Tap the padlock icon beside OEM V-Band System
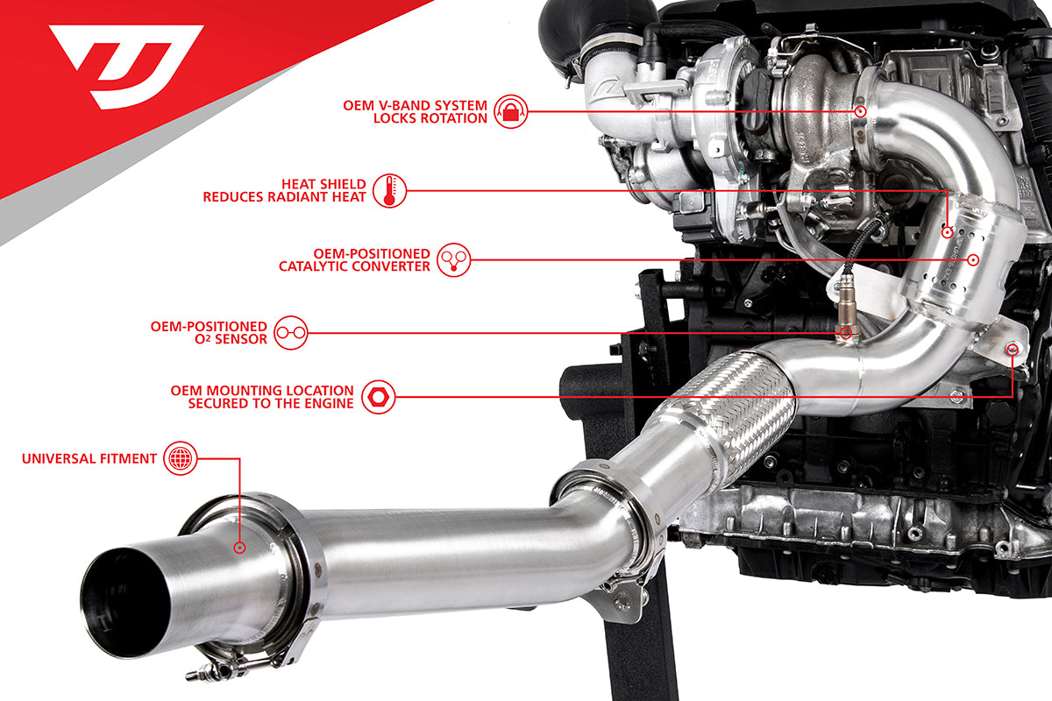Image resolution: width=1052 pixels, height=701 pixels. point(511,112)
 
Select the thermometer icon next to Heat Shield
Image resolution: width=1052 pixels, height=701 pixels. point(390,191)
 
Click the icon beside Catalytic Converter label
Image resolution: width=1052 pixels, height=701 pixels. point(454,259)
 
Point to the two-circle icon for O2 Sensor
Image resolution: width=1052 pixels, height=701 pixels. point(291,333)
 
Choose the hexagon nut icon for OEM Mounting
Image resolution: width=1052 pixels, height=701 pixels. point(378,397)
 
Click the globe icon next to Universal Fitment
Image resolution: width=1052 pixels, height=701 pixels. point(181,458)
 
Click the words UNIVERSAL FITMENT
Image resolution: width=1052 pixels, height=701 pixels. point(89,459)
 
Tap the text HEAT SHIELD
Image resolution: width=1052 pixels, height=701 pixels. point(323,184)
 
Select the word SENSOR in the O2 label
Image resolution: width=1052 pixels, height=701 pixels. point(241,339)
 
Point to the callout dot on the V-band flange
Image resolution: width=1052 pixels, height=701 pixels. point(860,112)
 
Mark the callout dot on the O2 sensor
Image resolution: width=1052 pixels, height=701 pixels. point(846,333)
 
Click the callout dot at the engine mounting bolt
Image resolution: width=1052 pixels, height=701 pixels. point(1013,350)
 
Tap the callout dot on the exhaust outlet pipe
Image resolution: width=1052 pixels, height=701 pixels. point(239,548)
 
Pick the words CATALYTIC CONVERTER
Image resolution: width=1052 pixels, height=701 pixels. point(354,266)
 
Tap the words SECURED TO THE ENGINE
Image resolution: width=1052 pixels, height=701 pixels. point(271,403)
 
